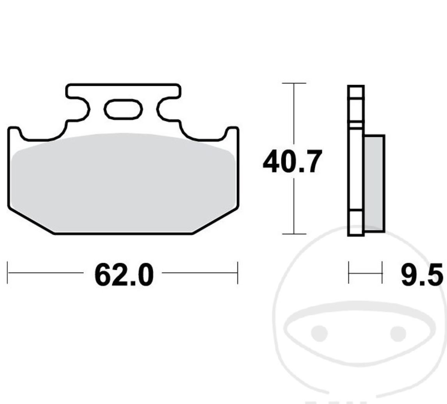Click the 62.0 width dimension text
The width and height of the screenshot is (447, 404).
click(x=124, y=275)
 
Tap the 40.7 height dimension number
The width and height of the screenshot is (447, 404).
click(x=293, y=161)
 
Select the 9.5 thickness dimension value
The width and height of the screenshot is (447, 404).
click(x=422, y=275)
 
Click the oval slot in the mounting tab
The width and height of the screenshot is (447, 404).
click(x=123, y=109)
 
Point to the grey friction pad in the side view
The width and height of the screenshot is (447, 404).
click(x=375, y=183)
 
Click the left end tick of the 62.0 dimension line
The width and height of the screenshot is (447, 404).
click(x=8, y=273)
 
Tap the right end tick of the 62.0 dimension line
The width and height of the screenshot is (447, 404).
click(x=237, y=273)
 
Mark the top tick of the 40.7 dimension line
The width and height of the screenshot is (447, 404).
click(x=294, y=83)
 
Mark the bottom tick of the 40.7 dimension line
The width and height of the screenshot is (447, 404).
click(x=294, y=234)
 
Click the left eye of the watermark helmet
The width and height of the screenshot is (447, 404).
click(x=319, y=333)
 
